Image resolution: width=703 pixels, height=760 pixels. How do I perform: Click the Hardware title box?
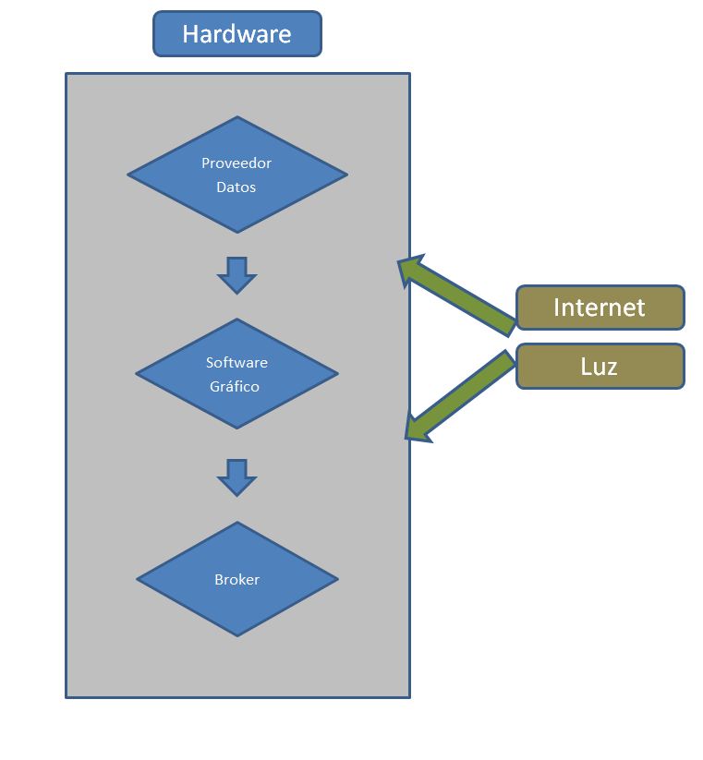(x=236, y=34)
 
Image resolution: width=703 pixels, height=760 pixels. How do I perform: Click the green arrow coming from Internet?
(x=462, y=296)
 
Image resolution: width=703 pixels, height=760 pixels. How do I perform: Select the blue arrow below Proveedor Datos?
(x=236, y=274)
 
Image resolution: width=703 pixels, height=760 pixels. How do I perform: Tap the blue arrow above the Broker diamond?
(x=236, y=477)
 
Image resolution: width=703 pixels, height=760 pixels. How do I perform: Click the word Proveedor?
(x=236, y=163)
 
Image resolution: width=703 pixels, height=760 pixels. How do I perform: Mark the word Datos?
(x=236, y=187)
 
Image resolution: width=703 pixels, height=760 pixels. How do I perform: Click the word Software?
(x=236, y=363)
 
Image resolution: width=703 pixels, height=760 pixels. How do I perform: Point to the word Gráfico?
(x=236, y=387)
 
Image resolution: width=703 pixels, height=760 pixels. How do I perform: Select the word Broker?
(x=236, y=580)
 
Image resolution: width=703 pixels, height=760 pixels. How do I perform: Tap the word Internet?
(x=599, y=308)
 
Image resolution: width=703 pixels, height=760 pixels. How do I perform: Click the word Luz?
(x=599, y=367)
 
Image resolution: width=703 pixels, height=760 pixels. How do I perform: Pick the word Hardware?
(x=236, y=34)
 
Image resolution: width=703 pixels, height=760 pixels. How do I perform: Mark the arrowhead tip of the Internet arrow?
(x=401, y=262)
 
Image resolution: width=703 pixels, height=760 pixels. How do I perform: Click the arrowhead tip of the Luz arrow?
(x=408, y=434)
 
